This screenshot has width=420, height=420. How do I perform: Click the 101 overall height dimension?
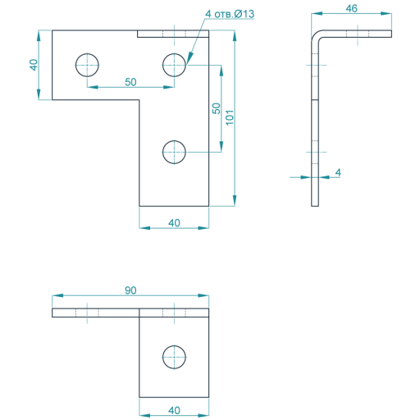230,117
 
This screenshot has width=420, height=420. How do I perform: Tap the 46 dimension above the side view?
351,8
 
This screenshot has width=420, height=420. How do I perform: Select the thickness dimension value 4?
338,172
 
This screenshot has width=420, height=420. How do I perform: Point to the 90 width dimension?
130,290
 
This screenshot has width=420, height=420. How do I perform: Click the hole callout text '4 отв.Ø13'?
230,14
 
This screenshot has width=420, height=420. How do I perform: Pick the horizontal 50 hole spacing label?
130,82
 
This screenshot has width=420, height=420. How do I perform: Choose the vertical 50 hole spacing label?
216,108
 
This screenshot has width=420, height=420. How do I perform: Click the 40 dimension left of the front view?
34,65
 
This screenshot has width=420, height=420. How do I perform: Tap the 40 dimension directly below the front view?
174,223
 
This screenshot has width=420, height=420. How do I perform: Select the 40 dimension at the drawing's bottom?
174,410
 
